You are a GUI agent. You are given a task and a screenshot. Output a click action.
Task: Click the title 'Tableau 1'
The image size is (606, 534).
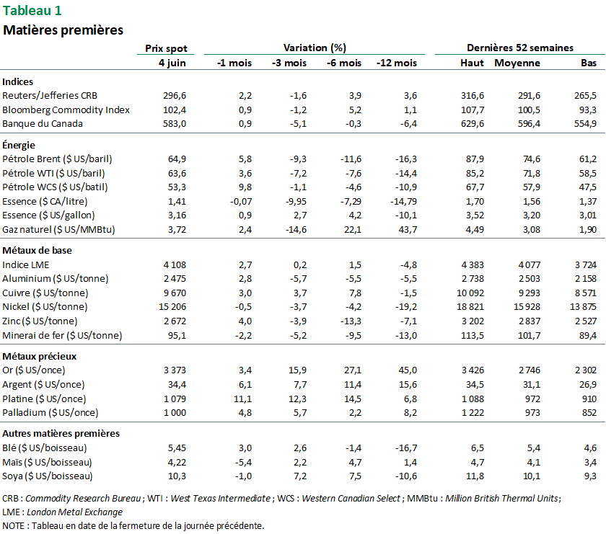32,10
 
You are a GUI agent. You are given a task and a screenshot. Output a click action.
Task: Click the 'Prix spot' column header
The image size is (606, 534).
166,48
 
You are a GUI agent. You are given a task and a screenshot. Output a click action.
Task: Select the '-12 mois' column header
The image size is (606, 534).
396,63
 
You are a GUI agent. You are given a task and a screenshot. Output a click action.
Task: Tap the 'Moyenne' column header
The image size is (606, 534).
517,63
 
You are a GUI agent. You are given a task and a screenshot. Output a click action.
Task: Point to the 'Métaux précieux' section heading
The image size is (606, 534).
39,356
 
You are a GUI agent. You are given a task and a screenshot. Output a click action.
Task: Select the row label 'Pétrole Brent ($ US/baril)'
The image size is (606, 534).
57,159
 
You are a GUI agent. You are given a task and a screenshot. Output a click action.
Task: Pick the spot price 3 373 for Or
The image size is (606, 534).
172,370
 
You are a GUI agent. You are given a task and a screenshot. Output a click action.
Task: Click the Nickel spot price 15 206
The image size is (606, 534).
170,307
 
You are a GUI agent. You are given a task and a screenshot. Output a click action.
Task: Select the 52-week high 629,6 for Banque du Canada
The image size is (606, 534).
472,123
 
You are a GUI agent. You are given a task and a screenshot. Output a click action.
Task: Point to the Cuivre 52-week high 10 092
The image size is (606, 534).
468,293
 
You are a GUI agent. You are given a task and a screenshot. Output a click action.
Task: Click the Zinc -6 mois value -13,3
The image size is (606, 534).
349,321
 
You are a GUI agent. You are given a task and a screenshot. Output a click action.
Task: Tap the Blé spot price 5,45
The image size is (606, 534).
176,448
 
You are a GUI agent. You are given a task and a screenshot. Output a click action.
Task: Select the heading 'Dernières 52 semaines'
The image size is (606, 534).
519,48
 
